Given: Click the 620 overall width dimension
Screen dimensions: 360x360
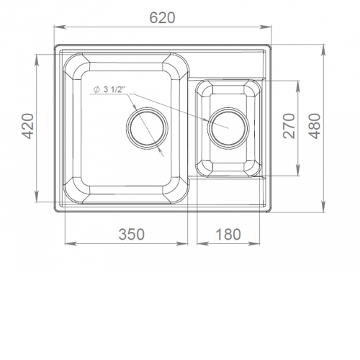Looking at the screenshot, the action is tap(162, 18).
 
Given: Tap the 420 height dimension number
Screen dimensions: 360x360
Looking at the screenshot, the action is tap(29, 126).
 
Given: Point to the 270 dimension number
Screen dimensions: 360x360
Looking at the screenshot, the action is tap(289, 126).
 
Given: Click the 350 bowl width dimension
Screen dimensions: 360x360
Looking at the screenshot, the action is tap(132, 234).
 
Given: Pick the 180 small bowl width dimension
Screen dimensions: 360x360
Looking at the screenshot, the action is tap(228, 234).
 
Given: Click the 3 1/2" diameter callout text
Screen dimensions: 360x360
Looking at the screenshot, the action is tap(114, 89).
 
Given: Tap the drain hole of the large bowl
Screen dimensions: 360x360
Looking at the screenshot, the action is tap(147, 128).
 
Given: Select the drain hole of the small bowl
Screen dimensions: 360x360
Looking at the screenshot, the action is tap(228, 128).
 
